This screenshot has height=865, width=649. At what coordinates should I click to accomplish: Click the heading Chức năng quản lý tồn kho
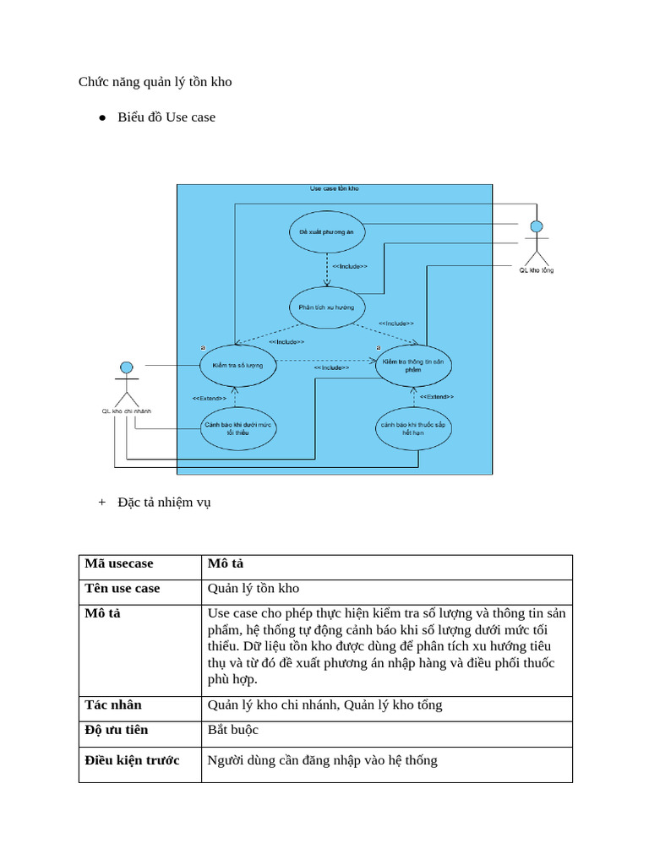(x=155, y=82)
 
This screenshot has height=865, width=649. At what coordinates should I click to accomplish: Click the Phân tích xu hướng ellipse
(x=326, y=307)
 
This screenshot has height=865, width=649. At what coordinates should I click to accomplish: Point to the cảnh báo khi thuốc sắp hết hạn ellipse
(x=413, y=428)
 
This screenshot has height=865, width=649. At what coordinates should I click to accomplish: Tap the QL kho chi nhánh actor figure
(x=126, y=384)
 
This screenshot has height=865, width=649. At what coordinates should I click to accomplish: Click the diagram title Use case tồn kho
(x=334, y=189)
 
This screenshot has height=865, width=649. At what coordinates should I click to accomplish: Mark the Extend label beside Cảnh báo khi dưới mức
(x=209, y=398)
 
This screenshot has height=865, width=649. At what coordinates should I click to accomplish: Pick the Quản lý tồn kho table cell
(x=254, y=589)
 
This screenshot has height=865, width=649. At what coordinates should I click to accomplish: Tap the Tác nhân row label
(x=113, y=705)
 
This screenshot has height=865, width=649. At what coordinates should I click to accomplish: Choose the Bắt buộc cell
(x=233, y=730)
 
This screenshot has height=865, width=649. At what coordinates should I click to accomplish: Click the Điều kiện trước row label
(x=132, y=760)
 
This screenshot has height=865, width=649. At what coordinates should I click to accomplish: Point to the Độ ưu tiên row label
(x=117, y=730)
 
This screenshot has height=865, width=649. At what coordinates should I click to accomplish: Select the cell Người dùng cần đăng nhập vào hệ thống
(x=323, y=760)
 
